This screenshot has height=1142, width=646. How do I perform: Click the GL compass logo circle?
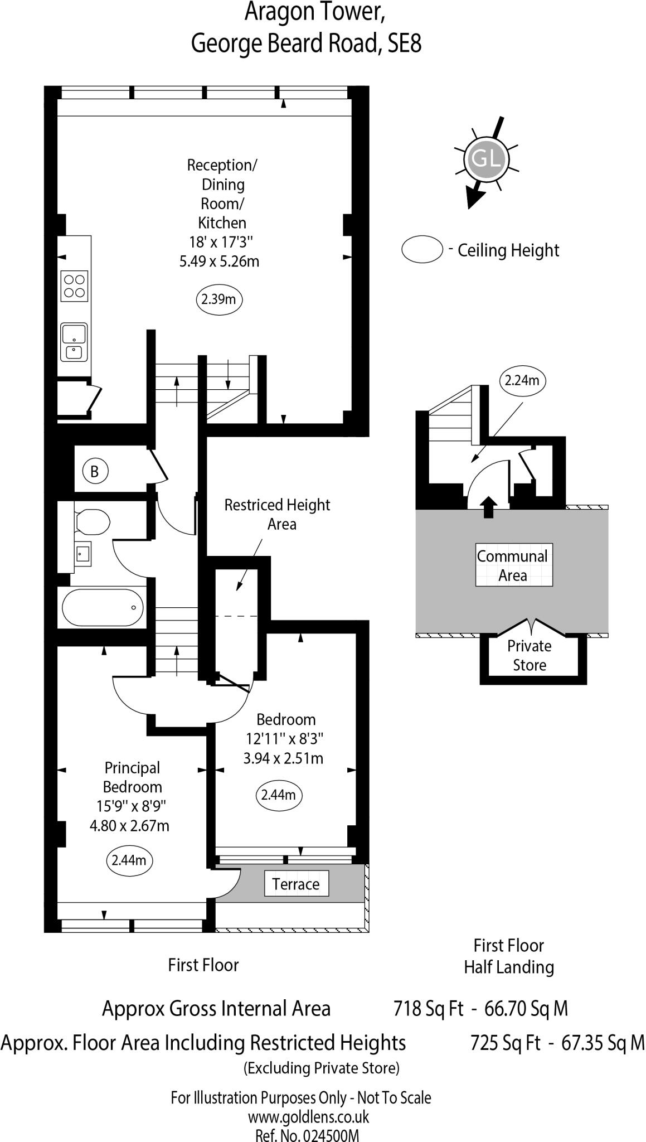(x=487, y=158)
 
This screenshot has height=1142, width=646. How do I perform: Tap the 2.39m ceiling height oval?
(x=218, y=299)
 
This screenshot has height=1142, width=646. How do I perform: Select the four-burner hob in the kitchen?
(x=74, y=285)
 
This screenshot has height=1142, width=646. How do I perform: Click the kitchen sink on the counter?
(x=74, y=341)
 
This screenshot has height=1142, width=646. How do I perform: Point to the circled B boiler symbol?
(x=94, y=472)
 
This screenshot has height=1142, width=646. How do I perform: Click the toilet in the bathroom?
(x=93, y=521)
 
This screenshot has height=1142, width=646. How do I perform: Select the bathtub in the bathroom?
(x=103, y=607)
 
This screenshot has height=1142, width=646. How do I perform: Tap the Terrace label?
(x=296, y=884)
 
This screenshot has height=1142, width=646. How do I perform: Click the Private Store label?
(x=530, y=655)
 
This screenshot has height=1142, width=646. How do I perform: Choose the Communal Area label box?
(x=513, y=565)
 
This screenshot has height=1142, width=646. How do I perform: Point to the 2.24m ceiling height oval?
(x=522, y=380)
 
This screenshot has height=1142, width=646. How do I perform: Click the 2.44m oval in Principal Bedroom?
(x=129, y=860)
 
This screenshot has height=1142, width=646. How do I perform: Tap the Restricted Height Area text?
(x=278, y=514)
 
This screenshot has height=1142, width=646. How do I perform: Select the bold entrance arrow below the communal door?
(x=489, y=507)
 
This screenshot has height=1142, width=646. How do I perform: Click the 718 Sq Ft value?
(x=428, y=1008)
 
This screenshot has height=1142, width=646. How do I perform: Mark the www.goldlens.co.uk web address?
(x=308, y=1117)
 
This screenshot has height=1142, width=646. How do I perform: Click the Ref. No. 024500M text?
(x=307, y=1135)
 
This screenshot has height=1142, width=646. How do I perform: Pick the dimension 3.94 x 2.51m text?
(x=283, y=758)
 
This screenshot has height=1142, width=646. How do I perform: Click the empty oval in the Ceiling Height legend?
(x=422, y=249)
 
